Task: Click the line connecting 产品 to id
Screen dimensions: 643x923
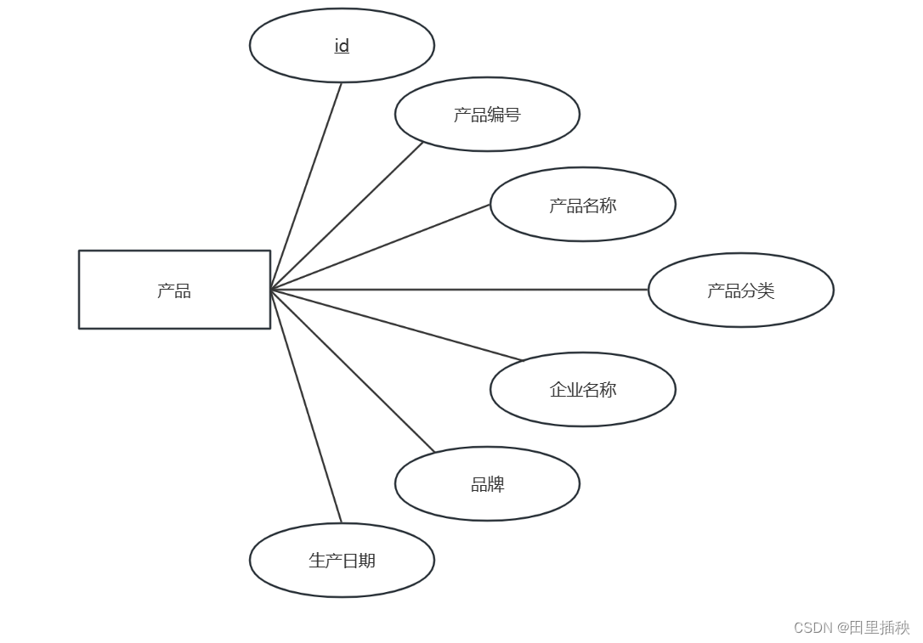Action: point(306,186)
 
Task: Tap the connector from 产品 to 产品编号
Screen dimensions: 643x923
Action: point(347,216)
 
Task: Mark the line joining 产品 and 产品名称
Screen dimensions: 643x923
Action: point(380,247)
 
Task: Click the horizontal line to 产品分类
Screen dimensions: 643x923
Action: point(459,290)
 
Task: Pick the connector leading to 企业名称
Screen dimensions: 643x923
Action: point(396,325)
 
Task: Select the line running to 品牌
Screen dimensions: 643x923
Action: point(352,371)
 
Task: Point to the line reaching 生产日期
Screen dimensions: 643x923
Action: point(306,406)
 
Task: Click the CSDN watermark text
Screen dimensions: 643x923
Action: point(852,628)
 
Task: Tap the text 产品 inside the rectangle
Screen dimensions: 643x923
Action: point(174,290)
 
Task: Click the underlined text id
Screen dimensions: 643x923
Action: point(342,46)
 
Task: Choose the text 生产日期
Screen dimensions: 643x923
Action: point(342,561)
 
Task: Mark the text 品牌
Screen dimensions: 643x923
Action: point(488,484)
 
